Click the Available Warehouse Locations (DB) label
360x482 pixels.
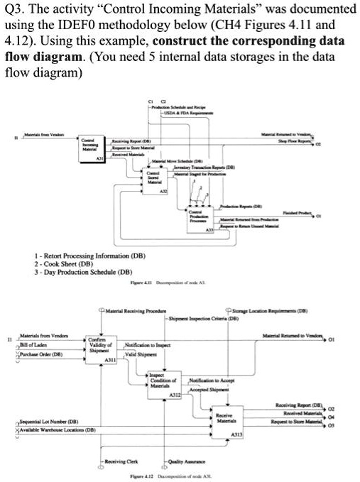[x=51, y=432]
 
